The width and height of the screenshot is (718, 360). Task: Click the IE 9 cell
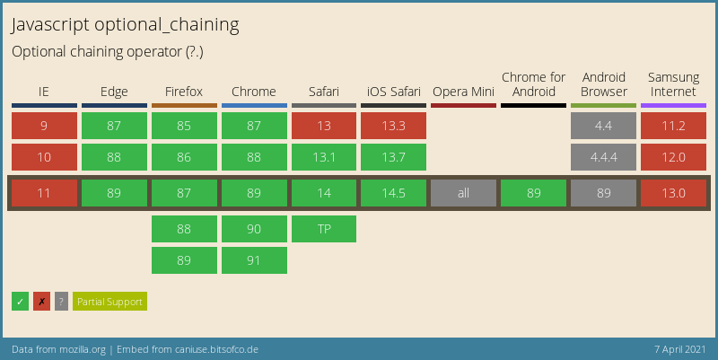tap(44, 126)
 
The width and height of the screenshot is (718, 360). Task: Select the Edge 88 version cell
tap(114, 157)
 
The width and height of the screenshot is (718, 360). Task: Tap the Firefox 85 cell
tap(184, 126)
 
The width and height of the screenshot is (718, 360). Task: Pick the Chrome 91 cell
tap(254, 260)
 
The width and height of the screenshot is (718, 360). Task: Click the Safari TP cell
tap(324, 229)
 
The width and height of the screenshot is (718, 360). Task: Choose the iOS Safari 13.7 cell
tap(393, 157)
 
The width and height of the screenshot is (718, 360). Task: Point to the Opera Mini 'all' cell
tap(463, 193)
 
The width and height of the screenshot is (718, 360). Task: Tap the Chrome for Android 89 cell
tap(533, 193)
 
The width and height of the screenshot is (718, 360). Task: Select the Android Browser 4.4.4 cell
tap(603, 157)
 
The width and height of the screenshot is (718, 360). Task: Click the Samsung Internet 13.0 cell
tap(673, 193)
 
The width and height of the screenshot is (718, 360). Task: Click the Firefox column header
tap(184, 92)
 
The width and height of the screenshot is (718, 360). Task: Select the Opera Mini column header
tap(463, 92)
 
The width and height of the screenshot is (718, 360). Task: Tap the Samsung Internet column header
tap(673, 84)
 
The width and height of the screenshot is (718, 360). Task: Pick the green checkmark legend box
tap(20, 302)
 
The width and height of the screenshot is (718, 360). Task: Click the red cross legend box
tap(41, 302)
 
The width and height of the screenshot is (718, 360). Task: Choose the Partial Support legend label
tap(109, 302)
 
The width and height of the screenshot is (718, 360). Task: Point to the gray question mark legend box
tap(61, 302)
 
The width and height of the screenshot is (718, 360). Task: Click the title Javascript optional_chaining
tap(125, 24)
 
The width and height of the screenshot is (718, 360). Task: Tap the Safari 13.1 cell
tap(324, 157)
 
